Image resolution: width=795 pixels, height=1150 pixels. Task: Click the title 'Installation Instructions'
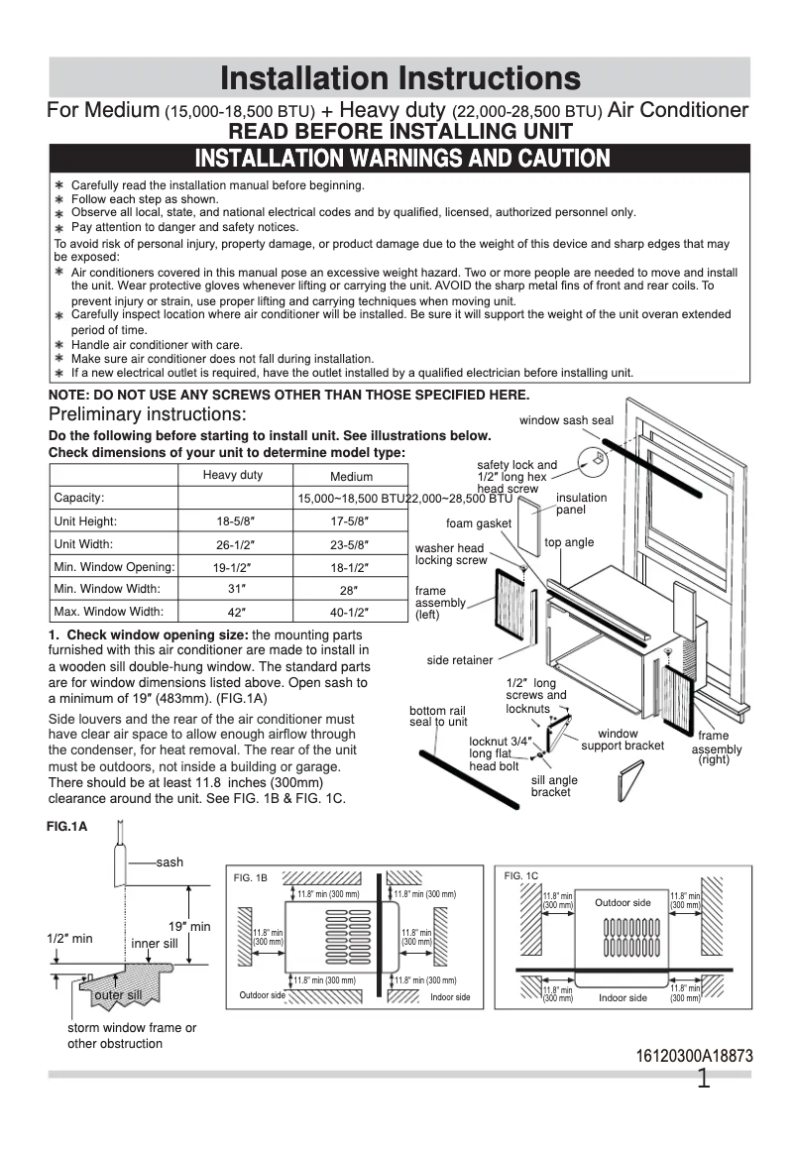pos(399,78)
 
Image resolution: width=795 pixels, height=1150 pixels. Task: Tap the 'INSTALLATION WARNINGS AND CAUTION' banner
pos(401,159)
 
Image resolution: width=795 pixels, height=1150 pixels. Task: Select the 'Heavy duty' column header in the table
pos(233,475)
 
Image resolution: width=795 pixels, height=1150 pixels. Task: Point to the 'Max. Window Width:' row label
pos(109,612)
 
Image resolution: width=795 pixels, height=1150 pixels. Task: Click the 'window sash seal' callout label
pos(566,420)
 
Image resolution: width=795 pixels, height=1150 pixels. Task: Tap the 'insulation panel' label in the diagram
pos(581,504)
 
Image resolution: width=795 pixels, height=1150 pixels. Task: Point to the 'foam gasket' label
pos(479,523)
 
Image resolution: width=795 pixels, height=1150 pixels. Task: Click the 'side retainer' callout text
pos(460,660)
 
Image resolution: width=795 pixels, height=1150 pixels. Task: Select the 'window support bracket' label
pos(623,740)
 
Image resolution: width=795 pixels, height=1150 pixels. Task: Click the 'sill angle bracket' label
pos(554,786)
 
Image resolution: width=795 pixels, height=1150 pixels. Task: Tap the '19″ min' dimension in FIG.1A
pos(188,926)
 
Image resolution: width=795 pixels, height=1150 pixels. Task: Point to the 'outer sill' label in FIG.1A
pos(118,994)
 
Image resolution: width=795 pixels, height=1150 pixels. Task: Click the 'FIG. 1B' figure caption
pos(250,878)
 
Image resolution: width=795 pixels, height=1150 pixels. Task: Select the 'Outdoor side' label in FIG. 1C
pos(623,902)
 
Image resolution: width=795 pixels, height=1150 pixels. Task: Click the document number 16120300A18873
pos(694,1056)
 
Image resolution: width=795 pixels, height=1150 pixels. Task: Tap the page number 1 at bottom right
pos(704,1080)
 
